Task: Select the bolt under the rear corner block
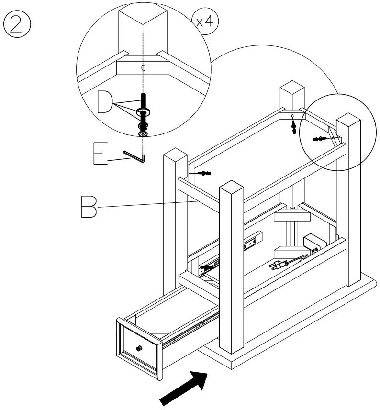point(293,127)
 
